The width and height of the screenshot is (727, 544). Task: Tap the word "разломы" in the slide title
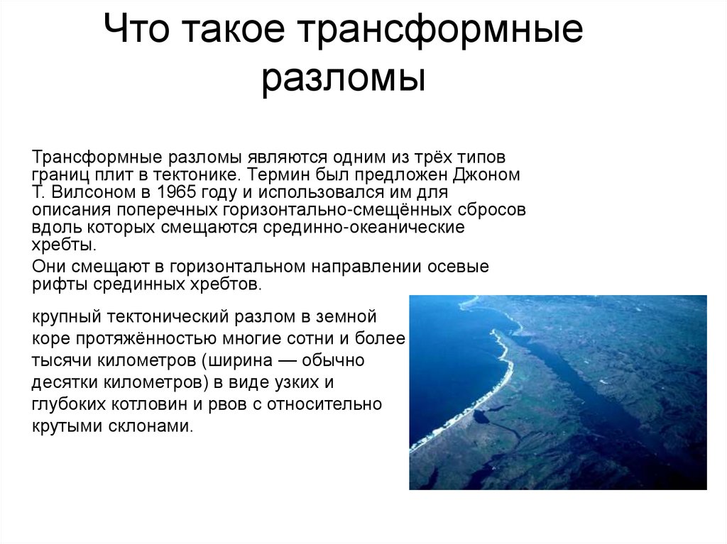pos(343,79)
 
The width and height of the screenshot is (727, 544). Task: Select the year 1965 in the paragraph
pos(156,192)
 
